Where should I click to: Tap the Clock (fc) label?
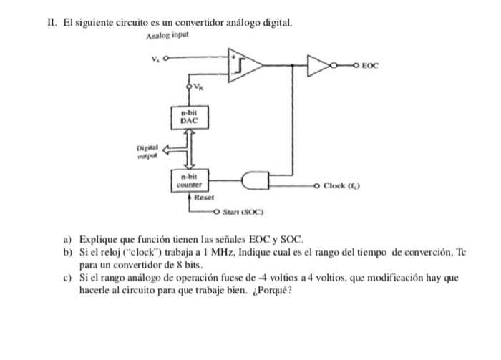(344, 186)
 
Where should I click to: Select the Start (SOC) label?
(244, 213)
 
